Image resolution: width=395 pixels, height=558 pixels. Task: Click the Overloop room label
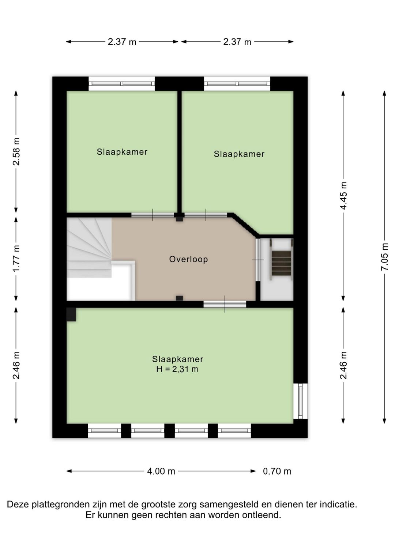(x=188, y=259)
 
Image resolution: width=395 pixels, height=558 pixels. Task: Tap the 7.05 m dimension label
(x=385, y=256)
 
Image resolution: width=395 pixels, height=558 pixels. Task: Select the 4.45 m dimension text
(x=344, y=196)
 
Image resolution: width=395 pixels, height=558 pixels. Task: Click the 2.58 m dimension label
(x=16, y=152)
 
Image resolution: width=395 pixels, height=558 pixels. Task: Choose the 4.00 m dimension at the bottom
(x=161, y=471)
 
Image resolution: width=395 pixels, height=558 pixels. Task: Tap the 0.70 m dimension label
(x=277, y=471)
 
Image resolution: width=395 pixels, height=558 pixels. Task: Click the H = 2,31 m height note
(x=177, y=369)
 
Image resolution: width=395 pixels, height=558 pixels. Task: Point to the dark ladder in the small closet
(x=281, y=263)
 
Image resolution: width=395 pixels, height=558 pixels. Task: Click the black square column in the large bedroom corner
(x=71, y=314)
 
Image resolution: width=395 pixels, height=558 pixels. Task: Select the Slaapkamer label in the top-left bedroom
(x=122, y=152)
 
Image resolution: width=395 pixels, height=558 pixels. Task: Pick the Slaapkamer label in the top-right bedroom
(x=239, y=154)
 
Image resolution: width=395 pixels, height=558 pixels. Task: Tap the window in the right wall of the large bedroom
(x=300, y=401)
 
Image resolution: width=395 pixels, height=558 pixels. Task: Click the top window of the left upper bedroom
(x=122, y=84)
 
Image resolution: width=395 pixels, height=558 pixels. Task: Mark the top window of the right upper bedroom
(x=237, y=84)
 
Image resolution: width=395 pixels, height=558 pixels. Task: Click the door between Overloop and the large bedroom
(x=225, y=304)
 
